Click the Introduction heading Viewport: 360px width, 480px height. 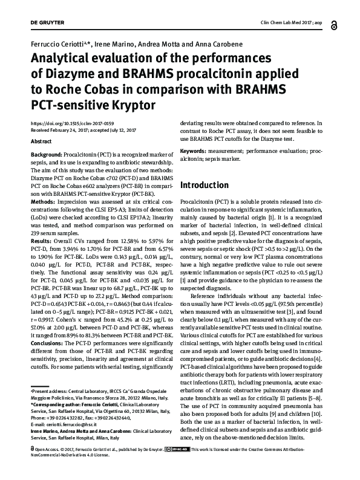(x=209, y=184)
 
